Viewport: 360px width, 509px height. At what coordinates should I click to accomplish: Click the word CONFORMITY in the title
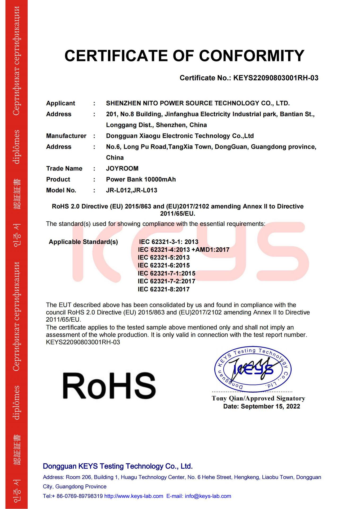click(x=251, y=56)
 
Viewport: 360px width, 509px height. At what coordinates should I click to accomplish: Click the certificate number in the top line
click(x=275, y=78)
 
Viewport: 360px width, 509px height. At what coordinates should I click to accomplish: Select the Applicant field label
click(x=60, y=103)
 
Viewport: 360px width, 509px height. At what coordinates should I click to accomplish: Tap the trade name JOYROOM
click(x=122, y=169)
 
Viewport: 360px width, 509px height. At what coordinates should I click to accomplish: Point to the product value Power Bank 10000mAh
click(x=141, y=179)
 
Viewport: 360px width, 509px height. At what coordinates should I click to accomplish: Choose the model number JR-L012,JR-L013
click(x=132, y=190)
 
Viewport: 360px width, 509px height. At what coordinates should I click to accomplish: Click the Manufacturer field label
click(x=66, y=136)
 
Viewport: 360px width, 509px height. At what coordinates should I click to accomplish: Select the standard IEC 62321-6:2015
click(x=164, y=265)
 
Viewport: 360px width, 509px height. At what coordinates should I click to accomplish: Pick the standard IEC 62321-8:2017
click(x=164, y=289)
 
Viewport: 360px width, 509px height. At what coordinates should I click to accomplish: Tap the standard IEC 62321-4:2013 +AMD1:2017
click(x=184, y=250)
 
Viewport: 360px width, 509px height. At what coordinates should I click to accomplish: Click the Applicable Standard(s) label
click(x=83, y=242)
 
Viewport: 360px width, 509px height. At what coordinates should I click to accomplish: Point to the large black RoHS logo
click(x=109, y=386)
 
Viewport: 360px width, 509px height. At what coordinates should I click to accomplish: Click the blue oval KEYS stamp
click(x=253, y=369)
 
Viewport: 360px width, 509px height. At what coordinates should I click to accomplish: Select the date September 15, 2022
click(x=270, y=406)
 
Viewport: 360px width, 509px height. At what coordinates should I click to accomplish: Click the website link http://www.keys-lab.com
click(x=134, y=496)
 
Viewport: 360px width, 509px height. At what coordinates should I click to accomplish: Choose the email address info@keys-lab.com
click(x=208, y=496)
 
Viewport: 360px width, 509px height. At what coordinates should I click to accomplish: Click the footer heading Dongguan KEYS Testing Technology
click(x=118, y=466)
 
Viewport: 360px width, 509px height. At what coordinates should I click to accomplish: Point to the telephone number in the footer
click(x=79, y=496)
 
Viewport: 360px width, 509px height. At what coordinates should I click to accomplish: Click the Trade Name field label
click(x=64, y=169)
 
